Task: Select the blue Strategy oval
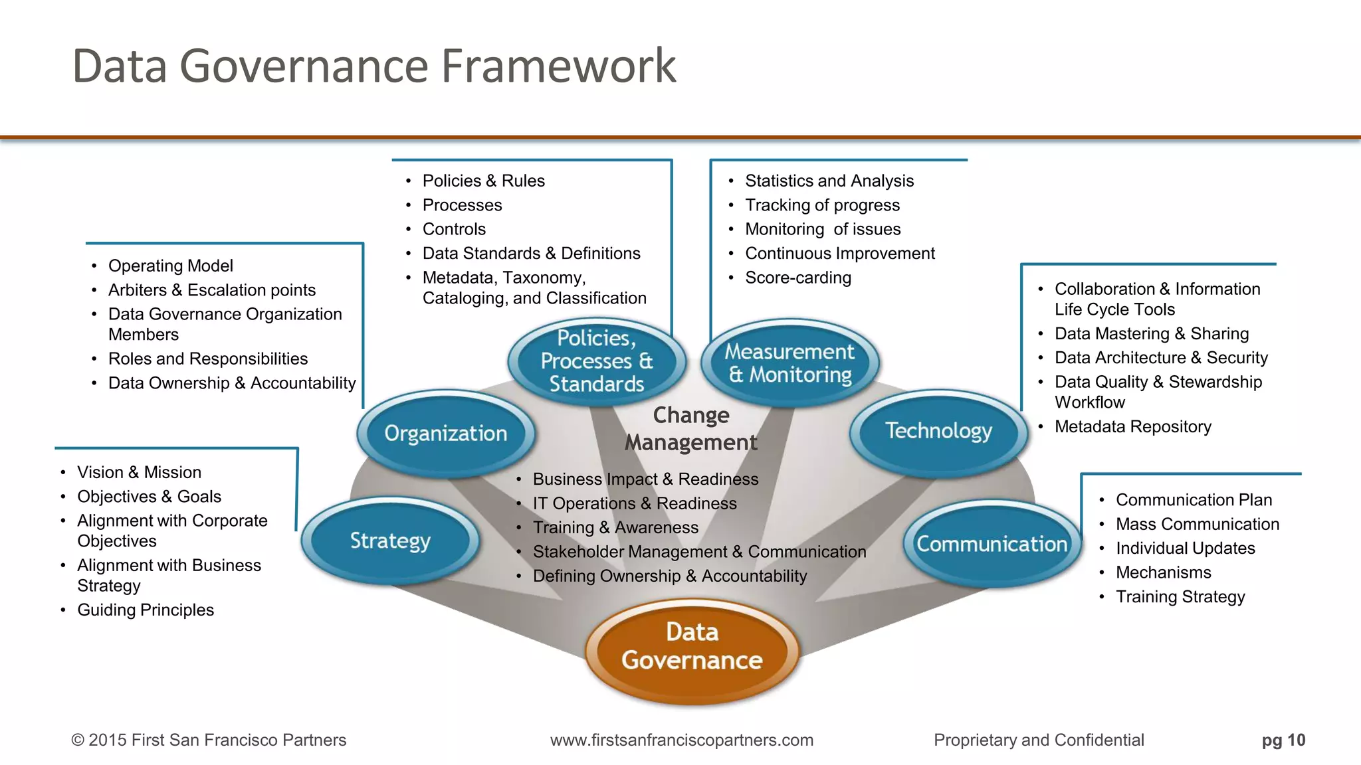tap(390, 541)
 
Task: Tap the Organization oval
tap(445, 433)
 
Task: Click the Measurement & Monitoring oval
tap(789, 363)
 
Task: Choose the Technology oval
tap(938, 431)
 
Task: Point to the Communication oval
tap(992, 544)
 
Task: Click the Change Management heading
tap(691, 428)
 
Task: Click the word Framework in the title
tap(558, 66)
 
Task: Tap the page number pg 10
tap(1283, 740)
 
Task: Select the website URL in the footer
tap(681, 740)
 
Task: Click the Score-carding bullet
tap(797, 278)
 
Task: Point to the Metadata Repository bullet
tap(1132, 426)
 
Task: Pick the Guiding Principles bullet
tap(146, 610)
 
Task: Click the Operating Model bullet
tap(170, 266)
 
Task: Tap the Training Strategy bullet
tap(1180, 596)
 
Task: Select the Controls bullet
tap(454, 229)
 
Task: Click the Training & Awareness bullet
tap(615, 527)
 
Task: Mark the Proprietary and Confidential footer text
tap(1039, 740)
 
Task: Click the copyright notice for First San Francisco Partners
tap(209, 740)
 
